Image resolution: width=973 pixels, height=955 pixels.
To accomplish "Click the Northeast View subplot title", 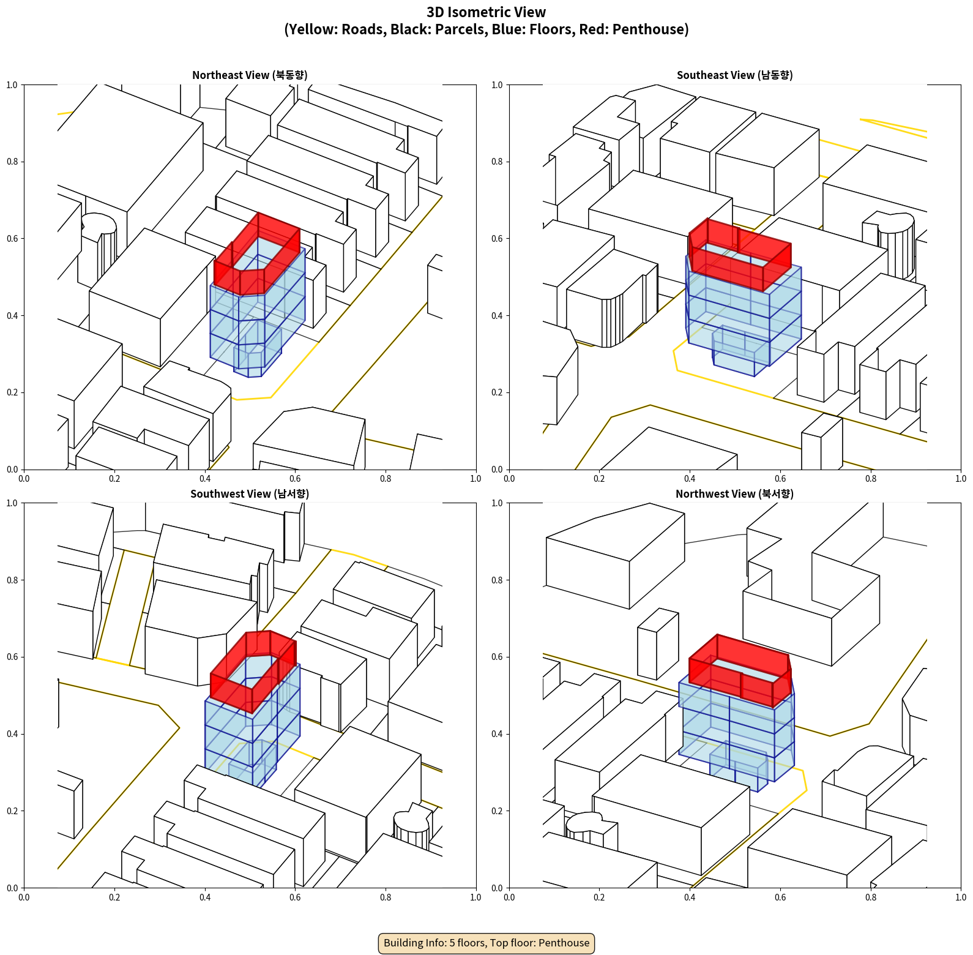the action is point(250,75).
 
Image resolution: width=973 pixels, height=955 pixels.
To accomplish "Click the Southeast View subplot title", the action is point(734,75).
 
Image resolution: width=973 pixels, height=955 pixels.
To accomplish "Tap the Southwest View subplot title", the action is point(250,493).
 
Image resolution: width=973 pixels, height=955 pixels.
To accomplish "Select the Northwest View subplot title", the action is point(734,493).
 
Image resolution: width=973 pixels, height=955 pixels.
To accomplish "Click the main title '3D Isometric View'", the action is point(486,12).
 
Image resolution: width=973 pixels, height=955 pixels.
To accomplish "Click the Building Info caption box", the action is point(486,943).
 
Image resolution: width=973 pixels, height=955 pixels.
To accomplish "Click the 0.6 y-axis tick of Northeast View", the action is point(13,239).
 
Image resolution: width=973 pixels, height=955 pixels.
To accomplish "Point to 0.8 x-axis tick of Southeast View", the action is point(871,478).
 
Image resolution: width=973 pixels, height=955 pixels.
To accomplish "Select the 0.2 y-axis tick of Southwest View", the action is point(13,811).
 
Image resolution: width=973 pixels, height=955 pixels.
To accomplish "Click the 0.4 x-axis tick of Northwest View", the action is point(690,897).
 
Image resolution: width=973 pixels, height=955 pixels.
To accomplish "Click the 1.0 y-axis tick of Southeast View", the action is point(498,85).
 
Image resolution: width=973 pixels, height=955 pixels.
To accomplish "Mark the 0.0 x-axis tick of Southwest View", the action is point(24,897).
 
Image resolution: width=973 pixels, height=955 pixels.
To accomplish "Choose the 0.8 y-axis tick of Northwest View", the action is point(498,580).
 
